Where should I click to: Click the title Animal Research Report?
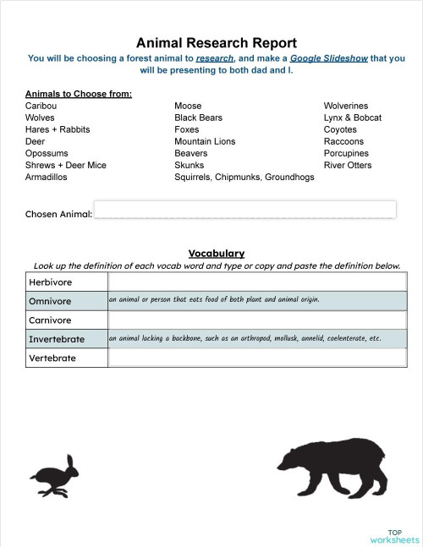[216, 43]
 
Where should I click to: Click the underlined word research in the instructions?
[214, 58]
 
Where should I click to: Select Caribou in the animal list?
[41, 106]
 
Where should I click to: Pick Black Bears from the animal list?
[198, 118]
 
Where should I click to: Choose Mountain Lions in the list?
[205, 141]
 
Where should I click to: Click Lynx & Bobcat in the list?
[352, 118]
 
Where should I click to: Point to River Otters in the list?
[347, 165]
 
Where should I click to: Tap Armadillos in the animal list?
[46, 177]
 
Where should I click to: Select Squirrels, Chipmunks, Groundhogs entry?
[244, 177]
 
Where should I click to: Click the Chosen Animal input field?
[244, 210]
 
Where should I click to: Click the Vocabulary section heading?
[216, 253]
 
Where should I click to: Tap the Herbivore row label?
[51, 282]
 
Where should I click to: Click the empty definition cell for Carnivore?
[257, 320]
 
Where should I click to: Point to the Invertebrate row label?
[57, 339]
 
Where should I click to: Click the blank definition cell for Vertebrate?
[257, 358]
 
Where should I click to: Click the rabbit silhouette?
[56, 475]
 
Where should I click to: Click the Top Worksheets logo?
[394, 535]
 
